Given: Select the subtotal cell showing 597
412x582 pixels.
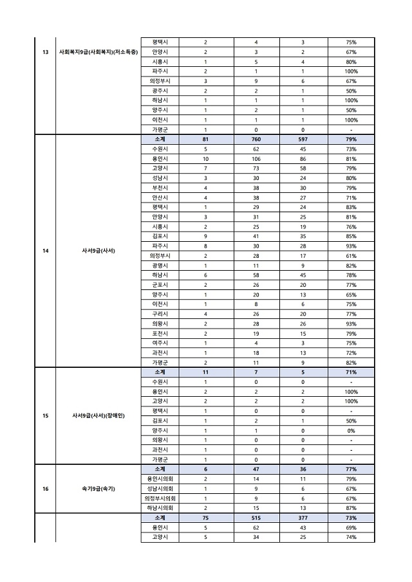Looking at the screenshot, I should [x=303, y=139].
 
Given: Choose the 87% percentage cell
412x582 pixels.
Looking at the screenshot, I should [x=351, y=508].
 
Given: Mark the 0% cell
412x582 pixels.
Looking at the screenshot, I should [x=351, y=431].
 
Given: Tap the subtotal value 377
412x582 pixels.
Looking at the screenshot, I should [x=303, y=518].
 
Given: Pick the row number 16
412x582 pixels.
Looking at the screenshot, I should [x=45, y=489].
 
